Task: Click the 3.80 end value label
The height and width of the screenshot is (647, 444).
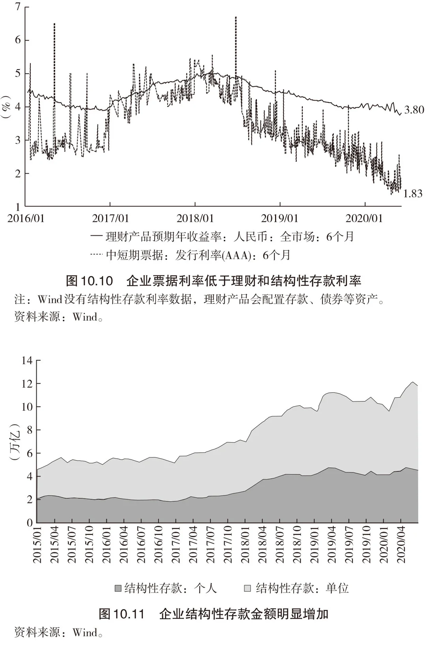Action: (414, 110)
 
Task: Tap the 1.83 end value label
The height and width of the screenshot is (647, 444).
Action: (412, 194)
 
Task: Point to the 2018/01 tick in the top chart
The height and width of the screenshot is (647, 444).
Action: (195, 218)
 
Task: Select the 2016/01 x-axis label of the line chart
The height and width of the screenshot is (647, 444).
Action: (26, 218)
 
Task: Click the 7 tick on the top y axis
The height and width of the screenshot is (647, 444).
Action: (18, 6)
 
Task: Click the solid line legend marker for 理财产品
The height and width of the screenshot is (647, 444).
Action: (96, 237)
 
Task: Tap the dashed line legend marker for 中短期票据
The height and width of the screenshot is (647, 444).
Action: (96, 254)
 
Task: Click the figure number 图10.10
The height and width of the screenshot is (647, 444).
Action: (89, 281)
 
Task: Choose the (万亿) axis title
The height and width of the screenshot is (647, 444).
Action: (15, 442)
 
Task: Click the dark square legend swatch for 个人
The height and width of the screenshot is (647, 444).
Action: (118, 589)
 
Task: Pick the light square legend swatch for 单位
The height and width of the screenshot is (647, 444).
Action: (247, 589)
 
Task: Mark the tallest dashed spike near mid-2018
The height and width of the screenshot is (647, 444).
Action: (236, 46)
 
